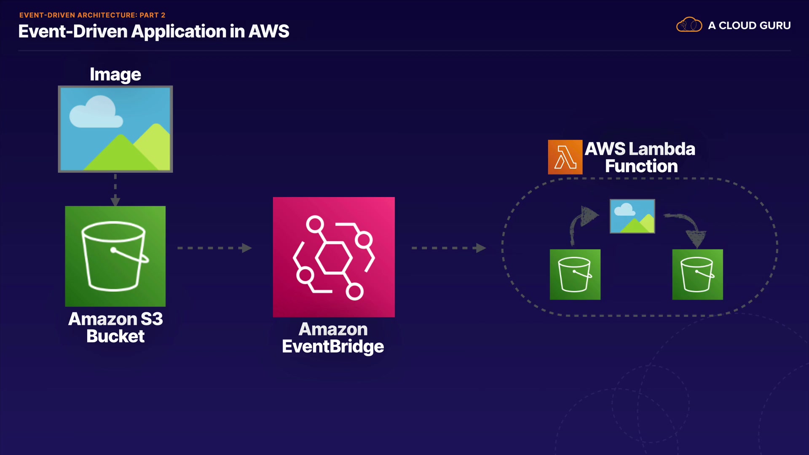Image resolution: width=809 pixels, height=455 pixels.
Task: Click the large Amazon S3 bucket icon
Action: click(115, 256)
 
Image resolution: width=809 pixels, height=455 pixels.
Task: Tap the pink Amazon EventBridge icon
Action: click(334, 257)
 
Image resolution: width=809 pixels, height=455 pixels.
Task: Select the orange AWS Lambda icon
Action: click(565, 157)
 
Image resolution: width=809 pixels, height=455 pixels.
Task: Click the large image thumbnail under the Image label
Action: click(115, 129)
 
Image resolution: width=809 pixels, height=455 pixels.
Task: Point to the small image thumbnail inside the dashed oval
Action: click(632, 216)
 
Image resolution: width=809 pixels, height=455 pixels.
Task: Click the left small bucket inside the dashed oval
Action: click(575, 274)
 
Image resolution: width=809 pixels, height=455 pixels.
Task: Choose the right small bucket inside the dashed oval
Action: click(697, 274)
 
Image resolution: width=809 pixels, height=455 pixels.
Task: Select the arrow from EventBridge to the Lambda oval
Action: click(448, 248)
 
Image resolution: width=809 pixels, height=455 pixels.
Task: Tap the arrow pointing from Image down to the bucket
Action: click(115, 190)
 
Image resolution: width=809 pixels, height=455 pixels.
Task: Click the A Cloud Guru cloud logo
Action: click(689, 25)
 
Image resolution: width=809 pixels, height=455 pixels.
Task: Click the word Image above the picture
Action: click(115, 75)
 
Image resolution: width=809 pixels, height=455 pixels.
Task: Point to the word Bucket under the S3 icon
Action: click(115, 336)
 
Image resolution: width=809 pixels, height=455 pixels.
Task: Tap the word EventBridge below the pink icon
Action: click(333, 346)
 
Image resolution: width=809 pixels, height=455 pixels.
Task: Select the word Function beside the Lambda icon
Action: click(641, 166)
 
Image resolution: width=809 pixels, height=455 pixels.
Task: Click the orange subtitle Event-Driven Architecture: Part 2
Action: click(92, 15)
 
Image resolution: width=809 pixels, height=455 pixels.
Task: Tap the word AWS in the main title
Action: click(268, 32)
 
